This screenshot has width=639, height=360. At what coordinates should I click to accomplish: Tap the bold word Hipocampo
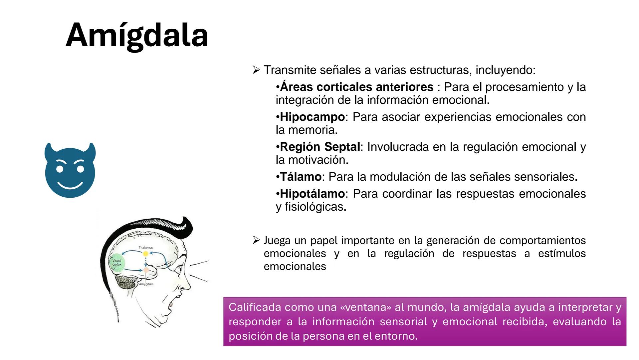(312, 117)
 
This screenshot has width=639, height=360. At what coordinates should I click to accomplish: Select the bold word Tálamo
(301, 177)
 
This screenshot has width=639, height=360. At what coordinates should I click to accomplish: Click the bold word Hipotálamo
(312, 194)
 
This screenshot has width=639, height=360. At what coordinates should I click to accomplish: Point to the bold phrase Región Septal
(320, 147)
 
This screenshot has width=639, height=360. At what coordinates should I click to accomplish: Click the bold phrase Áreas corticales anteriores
(356, 87)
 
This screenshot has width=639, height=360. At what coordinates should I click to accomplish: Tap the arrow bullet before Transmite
(256, 70)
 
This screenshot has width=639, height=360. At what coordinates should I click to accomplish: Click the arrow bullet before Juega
(256, 240)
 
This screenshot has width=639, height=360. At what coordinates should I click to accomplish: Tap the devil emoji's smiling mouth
(70, 184)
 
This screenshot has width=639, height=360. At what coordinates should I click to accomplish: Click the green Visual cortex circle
(117, 263)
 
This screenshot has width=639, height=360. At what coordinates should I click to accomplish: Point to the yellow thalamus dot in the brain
(145, 254)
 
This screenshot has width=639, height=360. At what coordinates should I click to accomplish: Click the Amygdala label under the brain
(146, 284)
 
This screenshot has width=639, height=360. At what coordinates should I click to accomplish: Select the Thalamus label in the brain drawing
(146, 248)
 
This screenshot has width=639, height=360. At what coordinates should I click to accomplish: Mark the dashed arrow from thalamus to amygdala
(145, 262)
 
